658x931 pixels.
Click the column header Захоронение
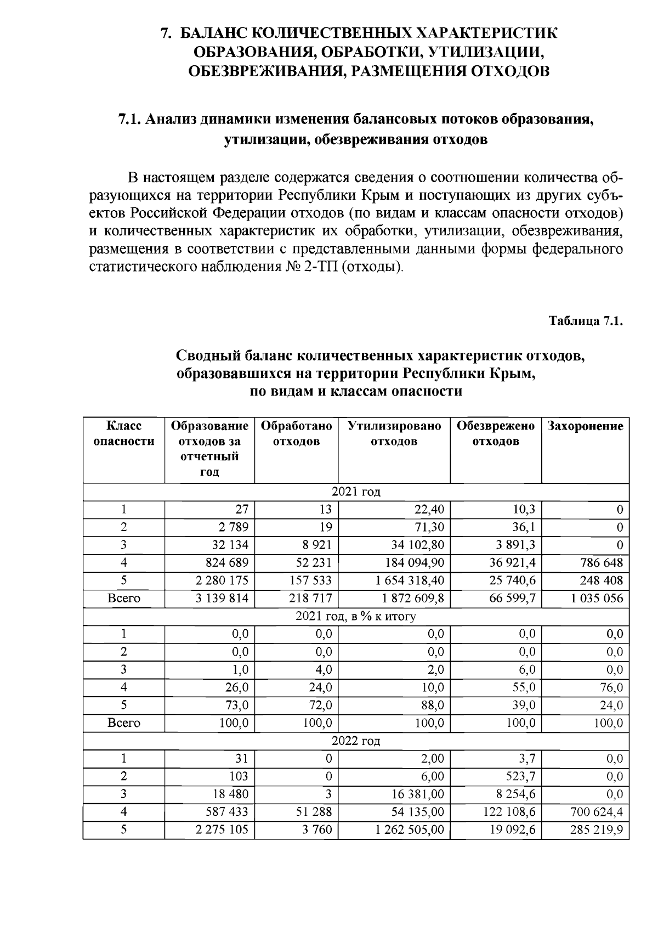pos(585,426)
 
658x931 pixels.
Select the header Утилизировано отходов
pos(394,433)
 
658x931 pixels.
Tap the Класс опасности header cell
pos(124,433)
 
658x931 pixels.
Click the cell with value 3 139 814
pos(222,598)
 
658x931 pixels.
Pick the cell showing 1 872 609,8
pos(410,598)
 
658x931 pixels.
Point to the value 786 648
pos(602,563)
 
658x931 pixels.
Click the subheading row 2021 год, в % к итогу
pos(355,616)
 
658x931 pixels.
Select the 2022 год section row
pos(355,741)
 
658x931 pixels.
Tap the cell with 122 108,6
pos(509,812)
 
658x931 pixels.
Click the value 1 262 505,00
pos(410,830)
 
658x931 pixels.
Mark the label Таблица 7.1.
pos(586,321)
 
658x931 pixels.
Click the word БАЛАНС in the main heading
pos(211,33)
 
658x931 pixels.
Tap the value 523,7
pos(520,776)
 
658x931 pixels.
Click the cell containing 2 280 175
pos(222,580)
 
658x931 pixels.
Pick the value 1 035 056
pos(597,598)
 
